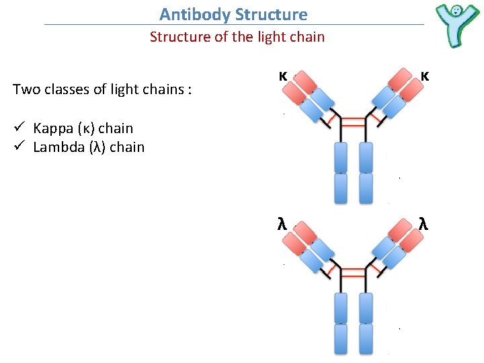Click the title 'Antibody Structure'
coord(233,14)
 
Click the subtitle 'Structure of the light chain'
coord(237,37)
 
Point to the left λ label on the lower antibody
coord(283,225)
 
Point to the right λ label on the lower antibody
coord(424,225)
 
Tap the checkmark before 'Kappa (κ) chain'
coord(19,128)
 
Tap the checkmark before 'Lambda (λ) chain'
coord(19,147)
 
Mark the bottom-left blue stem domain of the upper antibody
coord(341,188)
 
